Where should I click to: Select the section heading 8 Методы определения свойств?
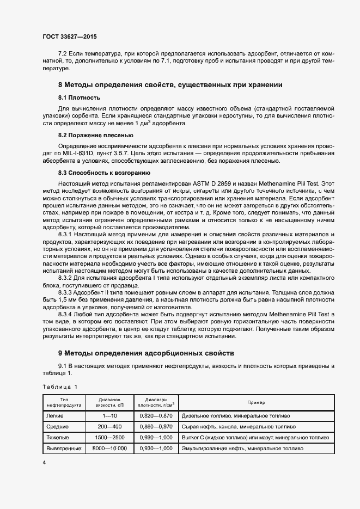click(170, 85)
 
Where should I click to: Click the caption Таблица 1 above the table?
click(60, 387)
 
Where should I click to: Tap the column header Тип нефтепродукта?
click(64, 402)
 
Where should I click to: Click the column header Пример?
click(256, 402)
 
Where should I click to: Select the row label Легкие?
click(56, 416)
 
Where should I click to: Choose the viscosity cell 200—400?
click(109, 427)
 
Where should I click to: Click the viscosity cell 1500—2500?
click(109, 438)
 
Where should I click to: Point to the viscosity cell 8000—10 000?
click(109, 449)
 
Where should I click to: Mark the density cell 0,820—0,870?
click(156, 416)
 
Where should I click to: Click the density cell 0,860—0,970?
click(156, 427)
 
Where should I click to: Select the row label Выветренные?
click(64, 449)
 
